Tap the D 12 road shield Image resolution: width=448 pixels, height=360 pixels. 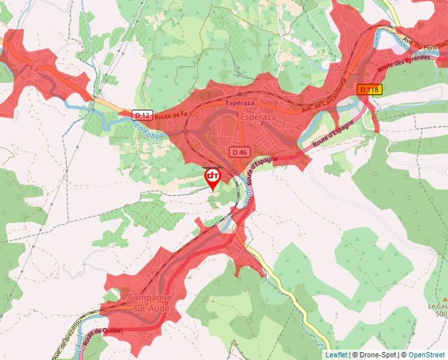(141, 115)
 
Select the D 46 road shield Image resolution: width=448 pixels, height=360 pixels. (240, 152)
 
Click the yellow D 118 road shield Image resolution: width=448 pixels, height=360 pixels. (370, 90)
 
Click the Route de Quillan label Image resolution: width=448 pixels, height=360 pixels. (104, 331)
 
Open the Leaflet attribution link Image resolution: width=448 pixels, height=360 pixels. (335, 355)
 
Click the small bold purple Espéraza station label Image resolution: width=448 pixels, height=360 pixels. (240, 104)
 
